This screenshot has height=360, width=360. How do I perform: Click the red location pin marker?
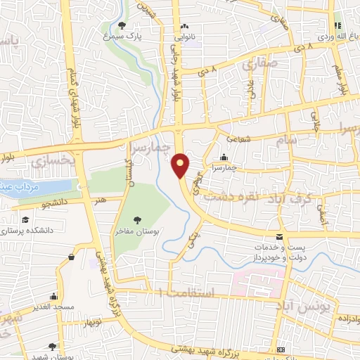coord(181,165)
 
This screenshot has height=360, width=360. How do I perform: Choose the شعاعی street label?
coord(238,139)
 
